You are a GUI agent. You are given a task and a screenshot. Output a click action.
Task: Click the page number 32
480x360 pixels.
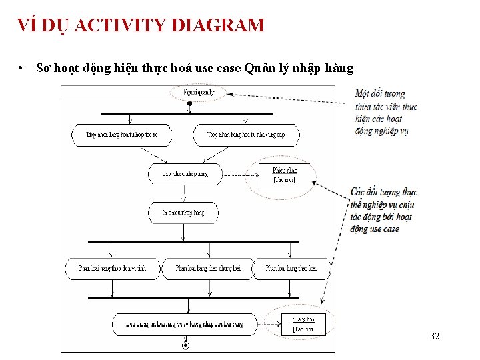click(x=435, y=336)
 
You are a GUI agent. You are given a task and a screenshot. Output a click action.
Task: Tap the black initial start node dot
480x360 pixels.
click(x=189, y=103)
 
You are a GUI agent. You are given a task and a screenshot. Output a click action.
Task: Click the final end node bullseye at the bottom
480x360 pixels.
click(x=185, y=345)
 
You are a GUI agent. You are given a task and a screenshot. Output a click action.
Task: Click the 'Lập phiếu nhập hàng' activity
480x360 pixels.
click(x=185, y=174)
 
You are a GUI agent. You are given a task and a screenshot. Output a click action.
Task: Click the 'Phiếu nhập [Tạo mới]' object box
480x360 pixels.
click(x=285, y=175)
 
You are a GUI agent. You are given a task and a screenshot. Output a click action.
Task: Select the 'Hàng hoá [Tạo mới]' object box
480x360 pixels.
click(x=303, y=324)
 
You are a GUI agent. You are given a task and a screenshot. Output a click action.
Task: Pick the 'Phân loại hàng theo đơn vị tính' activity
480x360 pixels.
click(x=111, y=269)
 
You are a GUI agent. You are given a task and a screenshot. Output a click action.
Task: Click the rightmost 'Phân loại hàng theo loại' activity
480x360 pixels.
click(x=291, y=269)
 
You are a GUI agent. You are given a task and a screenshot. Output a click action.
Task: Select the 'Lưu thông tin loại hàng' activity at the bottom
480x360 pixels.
click(x=184, y=324)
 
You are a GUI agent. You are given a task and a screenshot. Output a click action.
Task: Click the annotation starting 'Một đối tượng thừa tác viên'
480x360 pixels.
click(x=385, y=113)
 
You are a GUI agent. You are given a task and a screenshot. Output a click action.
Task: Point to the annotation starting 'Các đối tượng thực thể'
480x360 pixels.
click(x=383, y=211)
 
